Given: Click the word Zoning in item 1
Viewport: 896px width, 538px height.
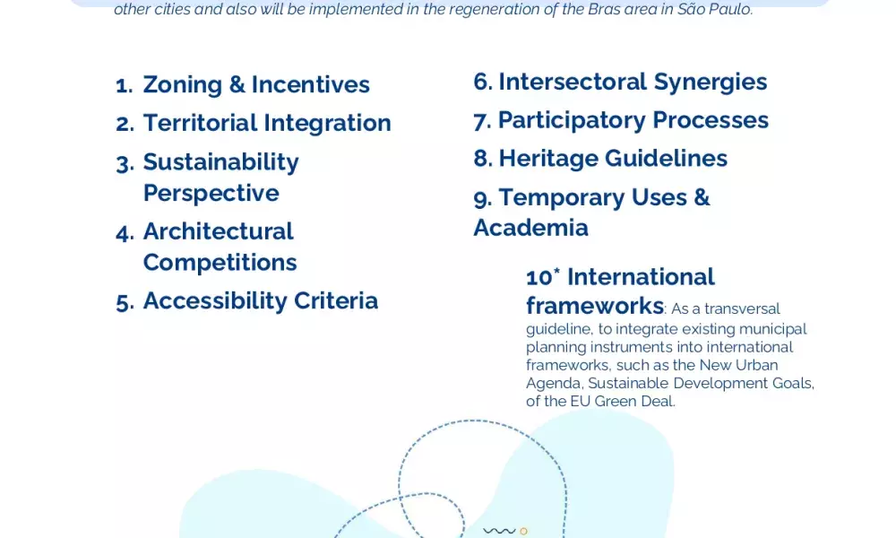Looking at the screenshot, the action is (182, 85).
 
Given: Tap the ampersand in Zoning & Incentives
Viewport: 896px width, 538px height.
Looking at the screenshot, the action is (237, 84).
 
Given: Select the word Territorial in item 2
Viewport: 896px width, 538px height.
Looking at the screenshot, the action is (200, 123).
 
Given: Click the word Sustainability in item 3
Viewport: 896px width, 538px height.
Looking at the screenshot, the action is (220, 162).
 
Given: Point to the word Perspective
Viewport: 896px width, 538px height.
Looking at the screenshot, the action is (211, 194).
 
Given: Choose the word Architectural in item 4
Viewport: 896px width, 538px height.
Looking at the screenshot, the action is (218, 231).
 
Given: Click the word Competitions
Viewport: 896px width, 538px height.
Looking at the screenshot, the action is (220, 263).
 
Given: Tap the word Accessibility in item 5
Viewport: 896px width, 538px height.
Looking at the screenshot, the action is (214, 301).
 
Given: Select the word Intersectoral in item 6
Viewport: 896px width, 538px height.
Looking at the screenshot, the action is (573, 82).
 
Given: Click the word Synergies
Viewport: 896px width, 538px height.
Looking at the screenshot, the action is (711, 82).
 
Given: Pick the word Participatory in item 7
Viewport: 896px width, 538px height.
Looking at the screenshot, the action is (572, 121).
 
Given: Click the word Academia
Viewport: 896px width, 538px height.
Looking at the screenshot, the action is (530, 228).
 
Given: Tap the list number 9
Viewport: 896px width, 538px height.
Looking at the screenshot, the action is (483, 199).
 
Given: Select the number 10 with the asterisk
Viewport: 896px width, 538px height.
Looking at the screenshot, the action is (543, 277).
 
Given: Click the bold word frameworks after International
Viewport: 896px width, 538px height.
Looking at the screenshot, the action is (595, 306).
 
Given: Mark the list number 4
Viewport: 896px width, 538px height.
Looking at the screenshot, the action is (125, 233).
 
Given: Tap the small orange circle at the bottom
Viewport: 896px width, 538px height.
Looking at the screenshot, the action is (523, 531).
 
